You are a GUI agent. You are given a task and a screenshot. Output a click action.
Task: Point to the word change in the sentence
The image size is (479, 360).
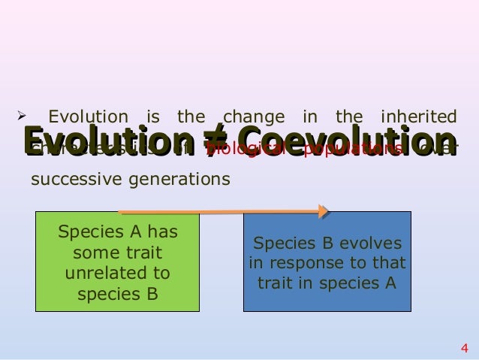255,117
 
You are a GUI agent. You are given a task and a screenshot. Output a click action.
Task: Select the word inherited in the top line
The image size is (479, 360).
419,117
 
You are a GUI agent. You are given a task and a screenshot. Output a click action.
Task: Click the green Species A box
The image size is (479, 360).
117,262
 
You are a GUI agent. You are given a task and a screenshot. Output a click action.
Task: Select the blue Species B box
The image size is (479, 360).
327,262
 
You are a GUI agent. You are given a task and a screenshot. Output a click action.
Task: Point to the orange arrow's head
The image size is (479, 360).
324,211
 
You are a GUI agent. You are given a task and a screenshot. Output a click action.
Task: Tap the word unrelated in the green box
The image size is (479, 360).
117,272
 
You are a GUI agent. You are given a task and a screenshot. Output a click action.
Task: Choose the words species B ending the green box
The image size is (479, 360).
117,292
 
